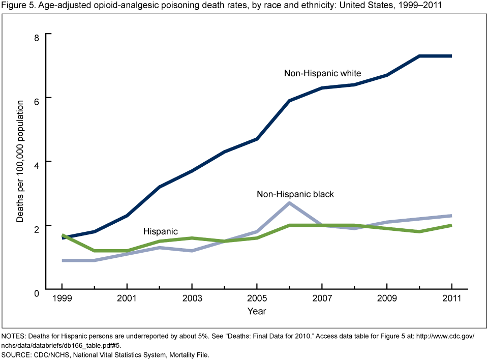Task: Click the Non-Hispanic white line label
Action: [x=322, y=73]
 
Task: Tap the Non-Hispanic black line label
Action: [x=295, y=194]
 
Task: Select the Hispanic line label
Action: [x=160, y=231]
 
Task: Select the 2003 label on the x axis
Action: [x=192, y=298]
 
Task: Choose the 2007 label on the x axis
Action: [x=322, y=298]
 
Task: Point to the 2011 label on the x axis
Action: [x=452, y=298]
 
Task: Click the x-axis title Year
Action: [x=256, y=311]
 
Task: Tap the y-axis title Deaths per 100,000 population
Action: [x=20, y=161]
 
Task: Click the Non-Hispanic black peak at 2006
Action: [x=289, y=203]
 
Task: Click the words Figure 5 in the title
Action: [x=16, y=6]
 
